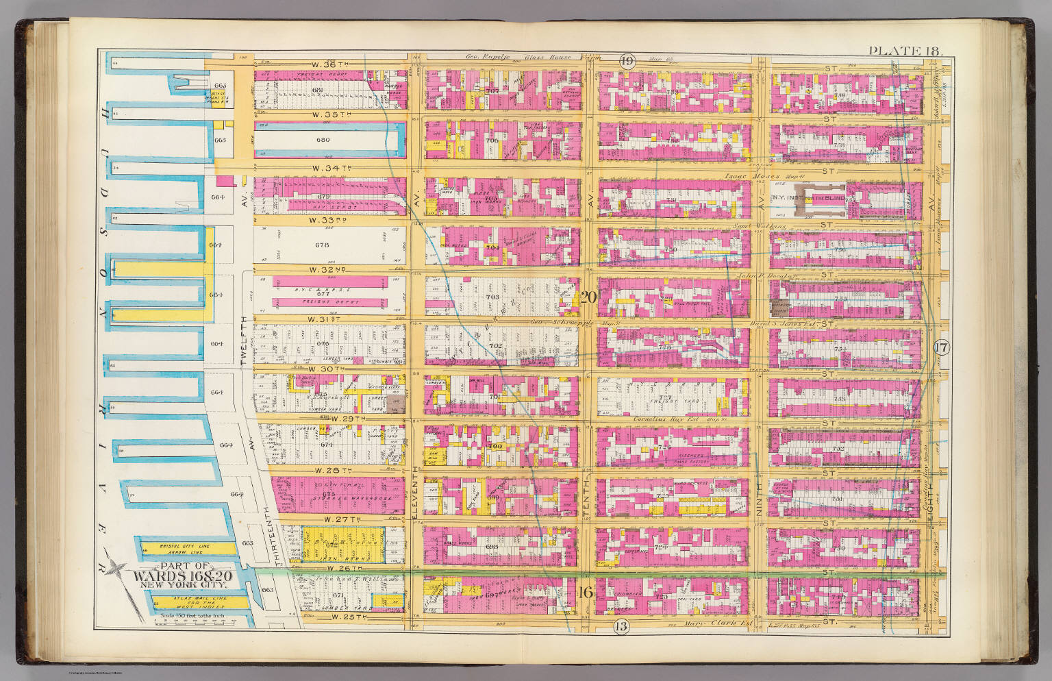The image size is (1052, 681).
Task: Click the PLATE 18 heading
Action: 905,51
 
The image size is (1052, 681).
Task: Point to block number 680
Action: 323,140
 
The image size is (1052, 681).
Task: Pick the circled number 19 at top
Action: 626,61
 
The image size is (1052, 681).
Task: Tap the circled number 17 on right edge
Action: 941,347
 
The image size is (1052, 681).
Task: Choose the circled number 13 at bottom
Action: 621,625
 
